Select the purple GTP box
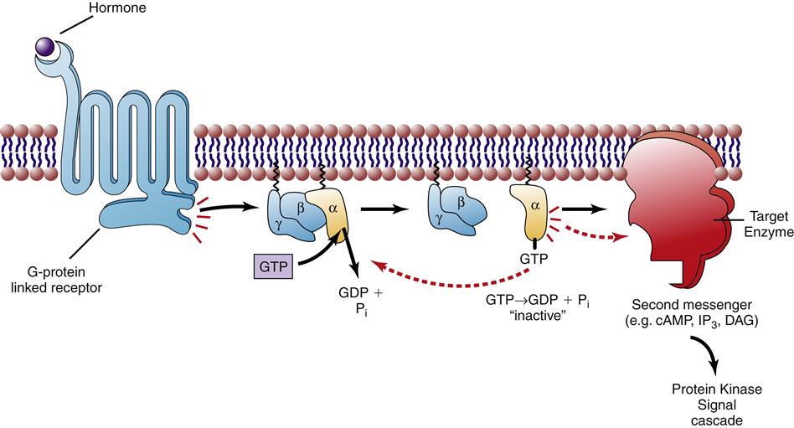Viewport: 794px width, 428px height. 271,266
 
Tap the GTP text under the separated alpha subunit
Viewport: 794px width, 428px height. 534,259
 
